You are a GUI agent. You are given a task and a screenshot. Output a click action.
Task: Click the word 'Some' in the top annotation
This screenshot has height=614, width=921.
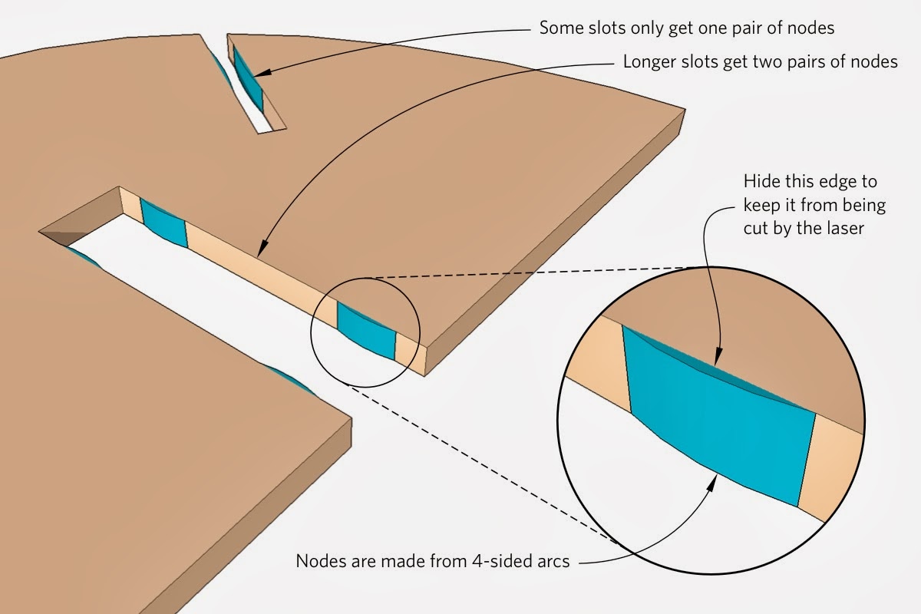(559, 28)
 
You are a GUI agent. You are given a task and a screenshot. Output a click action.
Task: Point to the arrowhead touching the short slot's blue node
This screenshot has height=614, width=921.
(258, 74)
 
